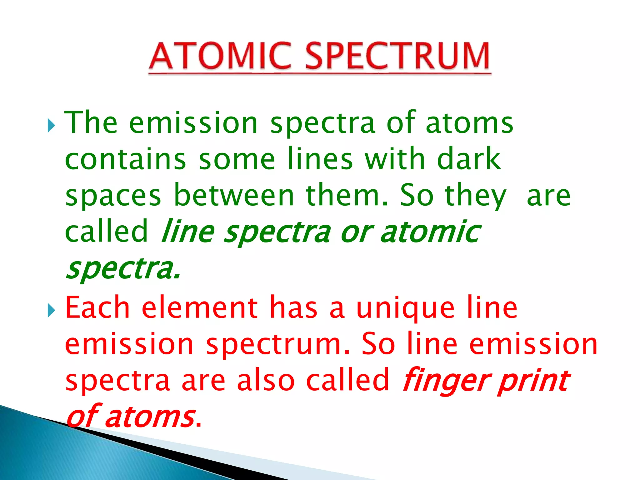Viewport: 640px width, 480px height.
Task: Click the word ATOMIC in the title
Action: (x=220, y=56)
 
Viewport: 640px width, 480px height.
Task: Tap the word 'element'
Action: (x=200, y=308)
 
